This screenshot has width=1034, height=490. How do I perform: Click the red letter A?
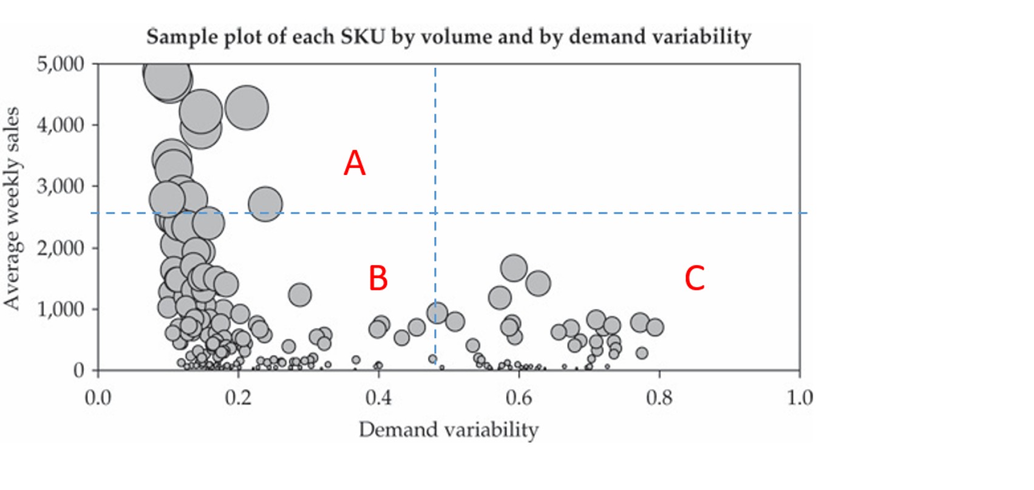[355, 163]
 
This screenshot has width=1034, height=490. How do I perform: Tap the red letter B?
[378, 278]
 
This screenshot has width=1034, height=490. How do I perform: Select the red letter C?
[694, 278]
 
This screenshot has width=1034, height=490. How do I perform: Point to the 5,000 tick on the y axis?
[61, 64]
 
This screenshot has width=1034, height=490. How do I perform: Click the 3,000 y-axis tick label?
[61, 186]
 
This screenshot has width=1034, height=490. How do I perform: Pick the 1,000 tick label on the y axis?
[61, 309]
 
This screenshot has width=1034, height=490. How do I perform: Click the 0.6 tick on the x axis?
[518, 398]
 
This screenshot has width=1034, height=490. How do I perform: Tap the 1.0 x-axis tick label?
[799, 398]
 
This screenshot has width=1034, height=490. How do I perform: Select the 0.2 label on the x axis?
[238, 398]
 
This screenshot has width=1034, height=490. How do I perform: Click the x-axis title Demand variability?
[448, 430]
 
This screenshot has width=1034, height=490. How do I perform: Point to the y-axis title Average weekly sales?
[12, 208]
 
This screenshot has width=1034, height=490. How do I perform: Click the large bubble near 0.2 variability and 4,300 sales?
[247, 107]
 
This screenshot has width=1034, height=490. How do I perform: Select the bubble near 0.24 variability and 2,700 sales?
[265, 204]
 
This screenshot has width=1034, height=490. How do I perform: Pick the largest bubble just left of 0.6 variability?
[514, 268]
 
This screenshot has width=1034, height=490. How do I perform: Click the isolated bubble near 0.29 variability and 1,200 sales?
[299, 295]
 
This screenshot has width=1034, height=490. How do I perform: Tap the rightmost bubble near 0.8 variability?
[655, 327]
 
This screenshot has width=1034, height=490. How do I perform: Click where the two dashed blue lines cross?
[435, 213]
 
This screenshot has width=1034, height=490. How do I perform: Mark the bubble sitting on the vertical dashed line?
[437, 313]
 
